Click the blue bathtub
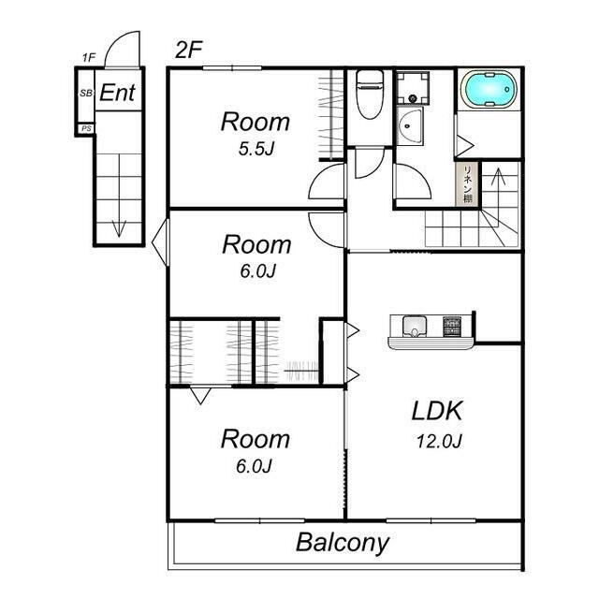click(x=489, y=90)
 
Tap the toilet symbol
click(x=369, y=95)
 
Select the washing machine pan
click(x=412, y=88)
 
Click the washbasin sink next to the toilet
click(x=410, y=125)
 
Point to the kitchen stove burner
click(x=452, y=327)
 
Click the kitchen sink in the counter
click(x=415, y=327)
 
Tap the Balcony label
click(x=343, y=543)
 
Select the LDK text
click(x=437, y=411)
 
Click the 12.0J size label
click(x=439, y=442)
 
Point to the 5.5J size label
click(x=256, y=149)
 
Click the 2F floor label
click(x=188, y=50)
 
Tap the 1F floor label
click(x=88, y=58)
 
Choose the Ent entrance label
click(x=117, y=93)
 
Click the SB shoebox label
click(x=86, y=93)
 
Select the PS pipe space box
click(x=86, y=128)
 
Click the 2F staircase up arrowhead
click(x=498, y=175)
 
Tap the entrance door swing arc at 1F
click(x=122, y=42)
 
